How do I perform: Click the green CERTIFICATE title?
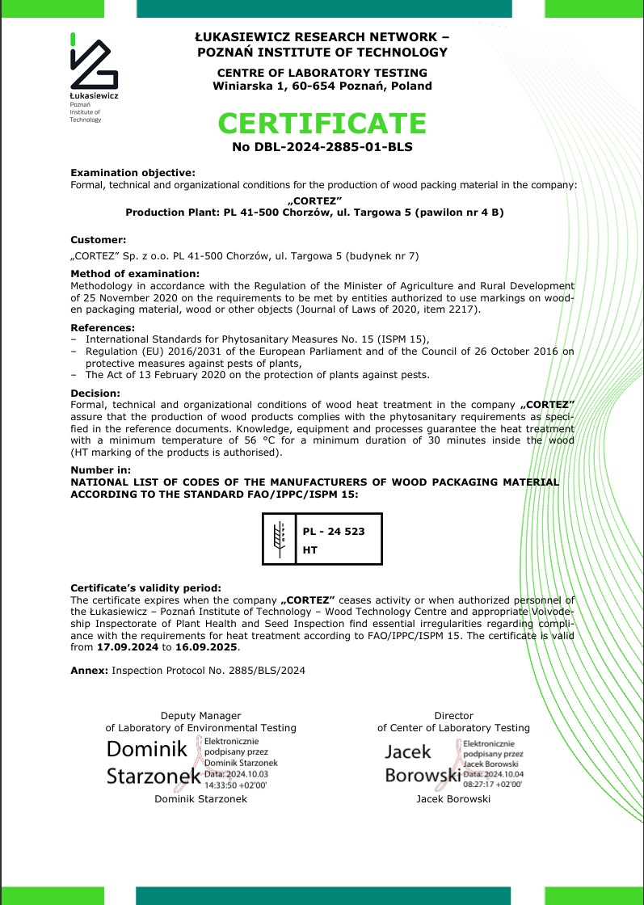tap(322, 124)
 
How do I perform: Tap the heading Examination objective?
tap(133, 173)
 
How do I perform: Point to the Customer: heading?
tap(99, 240)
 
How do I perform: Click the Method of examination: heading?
tap(135, 274)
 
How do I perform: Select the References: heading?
tap(103, 327)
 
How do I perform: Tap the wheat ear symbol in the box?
tap(280, 538)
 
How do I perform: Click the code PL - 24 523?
tap(334, 531)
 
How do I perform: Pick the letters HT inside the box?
tap(310, 550)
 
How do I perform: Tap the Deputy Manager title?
tap(200, 716)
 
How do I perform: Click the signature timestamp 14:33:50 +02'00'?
tap(235, 784)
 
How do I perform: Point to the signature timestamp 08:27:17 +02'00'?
tap(493, 784)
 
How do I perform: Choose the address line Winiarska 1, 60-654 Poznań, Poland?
tap(322, 86)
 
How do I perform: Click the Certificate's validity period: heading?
tap(145, 588)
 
